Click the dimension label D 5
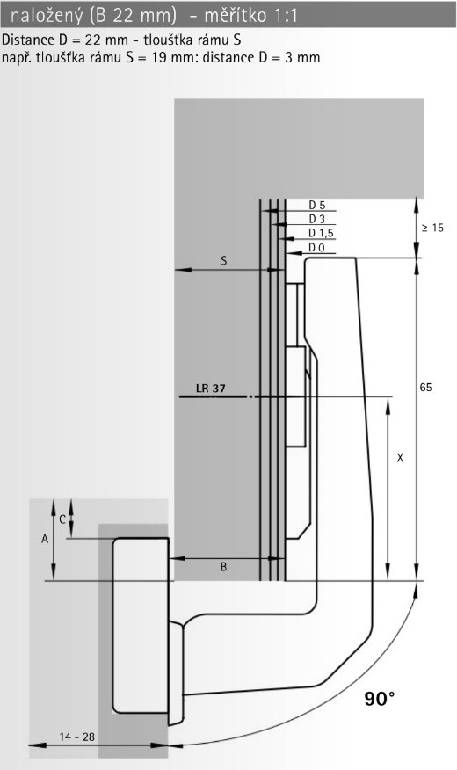[x=316, y=206]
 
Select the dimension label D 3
[x=316, y=219]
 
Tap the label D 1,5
[x=321, y=233]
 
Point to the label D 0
[x=316, y=248]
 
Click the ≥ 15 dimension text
[x=432, y=228]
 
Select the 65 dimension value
[x=425, y=388]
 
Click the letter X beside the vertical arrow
[x=400, y=458]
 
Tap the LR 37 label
[x=211, y=389]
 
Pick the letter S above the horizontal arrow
[x=224, y=261]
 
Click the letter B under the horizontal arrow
[x=224, y=567]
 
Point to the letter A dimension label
[x=45, y=539]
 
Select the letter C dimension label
[x=62, y=519]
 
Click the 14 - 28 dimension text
[x=77, y=737]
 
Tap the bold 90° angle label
[x=380, y=698]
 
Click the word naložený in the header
[x=47, y=16]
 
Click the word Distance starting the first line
[x=28, y=40]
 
